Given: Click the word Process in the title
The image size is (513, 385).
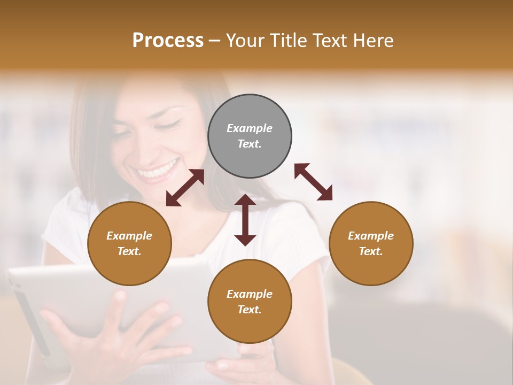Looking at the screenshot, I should click(168, 41).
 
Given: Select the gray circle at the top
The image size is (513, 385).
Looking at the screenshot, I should click(250, 136).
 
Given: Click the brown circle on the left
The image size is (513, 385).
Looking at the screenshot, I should click(129, 243).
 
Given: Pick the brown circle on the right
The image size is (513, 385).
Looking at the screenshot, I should click(371, 243).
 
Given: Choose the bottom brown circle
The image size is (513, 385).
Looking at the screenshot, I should click(250, 302).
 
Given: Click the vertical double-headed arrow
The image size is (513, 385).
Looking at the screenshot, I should click(245, 220).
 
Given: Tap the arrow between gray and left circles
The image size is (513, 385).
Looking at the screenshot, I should click(185, 188).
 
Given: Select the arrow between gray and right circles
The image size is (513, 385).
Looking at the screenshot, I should click(313, 182).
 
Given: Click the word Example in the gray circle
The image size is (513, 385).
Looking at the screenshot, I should click(250, 128).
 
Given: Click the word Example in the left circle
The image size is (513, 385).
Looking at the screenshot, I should click(129, 236).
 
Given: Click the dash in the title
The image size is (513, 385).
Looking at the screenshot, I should click(214, 41).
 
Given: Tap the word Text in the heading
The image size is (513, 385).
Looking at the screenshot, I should click(330, 41).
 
